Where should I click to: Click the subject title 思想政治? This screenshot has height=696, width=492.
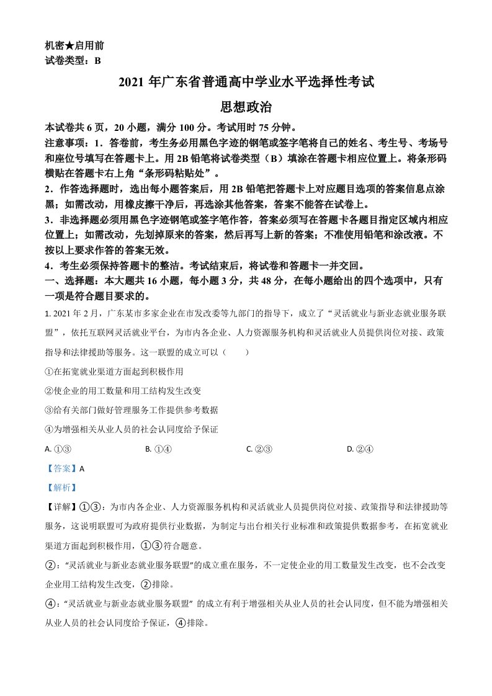(246, 107)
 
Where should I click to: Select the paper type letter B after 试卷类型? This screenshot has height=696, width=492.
(97, 60)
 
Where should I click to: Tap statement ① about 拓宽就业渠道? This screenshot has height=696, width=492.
(114, 371)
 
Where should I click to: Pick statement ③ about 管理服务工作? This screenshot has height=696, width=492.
(132, 410)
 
